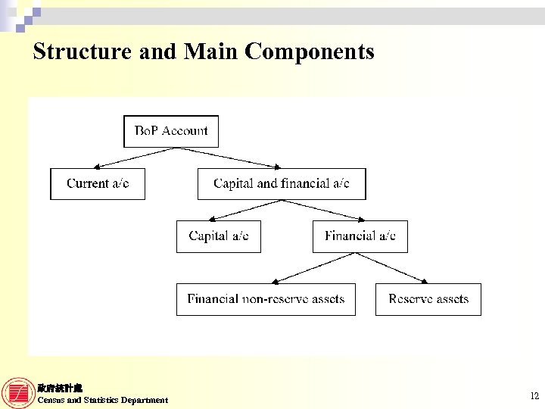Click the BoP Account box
tap(171, 131)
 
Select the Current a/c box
tap(97, 184)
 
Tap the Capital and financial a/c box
tap(281, 184)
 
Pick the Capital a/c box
tap(218, 236)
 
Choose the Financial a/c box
tap(360, 236)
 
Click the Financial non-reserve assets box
tap(266, 299)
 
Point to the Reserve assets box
tap(428, 299)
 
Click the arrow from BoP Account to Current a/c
tap(133, 158)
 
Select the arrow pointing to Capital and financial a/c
tap(227, 158)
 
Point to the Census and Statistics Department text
tap(103, 400)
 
